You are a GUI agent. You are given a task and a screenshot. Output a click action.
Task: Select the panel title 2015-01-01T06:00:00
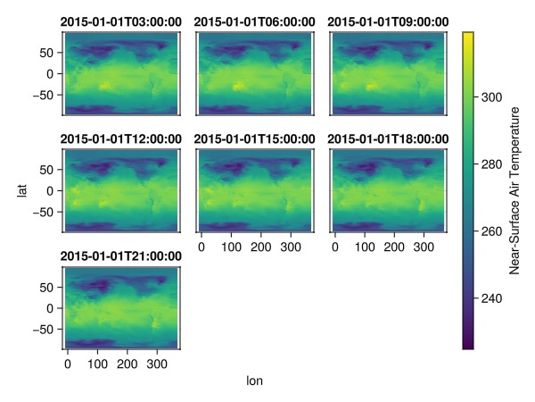[254, 21]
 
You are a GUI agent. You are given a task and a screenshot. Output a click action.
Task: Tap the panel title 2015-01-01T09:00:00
[388, 21]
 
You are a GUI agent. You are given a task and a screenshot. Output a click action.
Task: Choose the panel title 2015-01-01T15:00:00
[254, 138]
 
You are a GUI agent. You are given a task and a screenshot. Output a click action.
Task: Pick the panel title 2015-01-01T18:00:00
[388, 138]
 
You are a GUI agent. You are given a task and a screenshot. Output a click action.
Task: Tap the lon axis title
[254, 381]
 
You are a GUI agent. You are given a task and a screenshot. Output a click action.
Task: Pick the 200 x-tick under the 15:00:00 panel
[259, 247]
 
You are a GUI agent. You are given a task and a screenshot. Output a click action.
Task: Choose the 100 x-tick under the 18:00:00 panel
[364, 247]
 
